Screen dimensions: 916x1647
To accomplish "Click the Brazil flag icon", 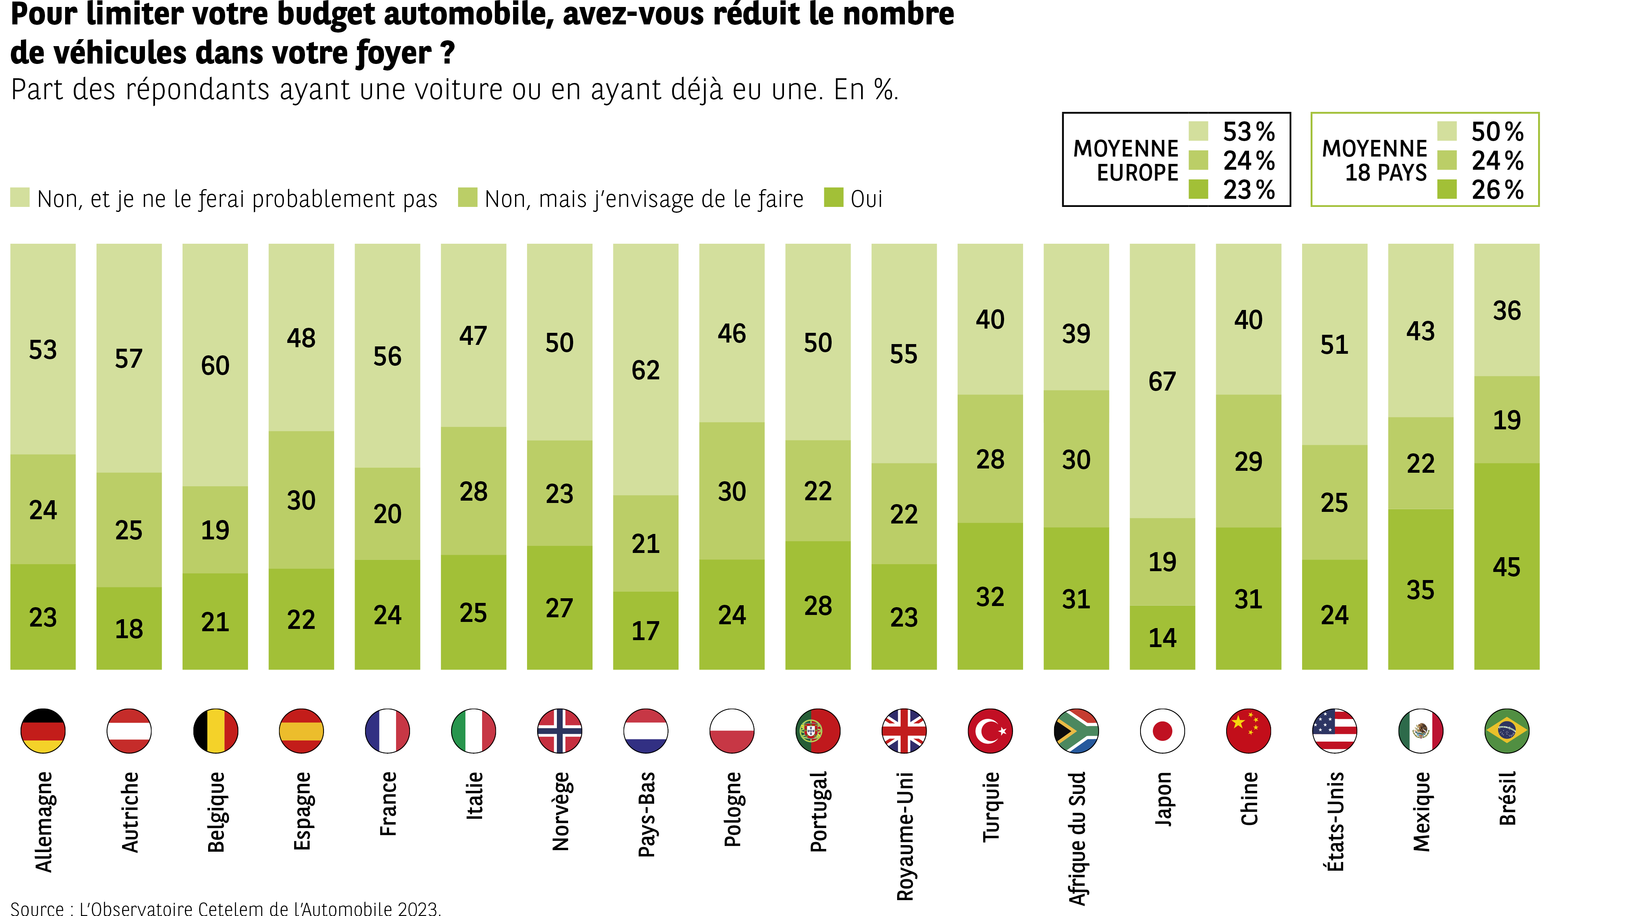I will [1506, 731].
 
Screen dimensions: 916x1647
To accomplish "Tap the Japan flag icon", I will [1162, 731].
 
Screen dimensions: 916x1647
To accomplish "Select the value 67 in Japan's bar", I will [1162, 382].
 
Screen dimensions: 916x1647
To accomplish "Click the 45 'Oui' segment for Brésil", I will [1506, 567].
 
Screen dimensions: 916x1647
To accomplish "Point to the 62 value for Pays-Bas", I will [645, 370].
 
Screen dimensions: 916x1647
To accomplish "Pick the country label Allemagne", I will [43, 821].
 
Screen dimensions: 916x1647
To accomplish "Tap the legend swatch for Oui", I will [834, 198].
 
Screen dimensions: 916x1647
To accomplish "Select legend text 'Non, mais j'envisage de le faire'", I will [644, 199].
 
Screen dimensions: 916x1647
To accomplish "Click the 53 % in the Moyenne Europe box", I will [1248, 132].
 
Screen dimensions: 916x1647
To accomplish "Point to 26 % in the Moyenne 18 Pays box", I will [1497, 190].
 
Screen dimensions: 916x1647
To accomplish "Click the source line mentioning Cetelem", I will [226, 908].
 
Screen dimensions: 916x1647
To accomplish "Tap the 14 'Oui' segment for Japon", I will [1162, 638].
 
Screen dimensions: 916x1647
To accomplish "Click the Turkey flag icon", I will [990, 731].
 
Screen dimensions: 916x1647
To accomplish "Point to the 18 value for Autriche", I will [129, 629].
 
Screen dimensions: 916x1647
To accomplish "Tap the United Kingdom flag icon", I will [903, 731].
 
